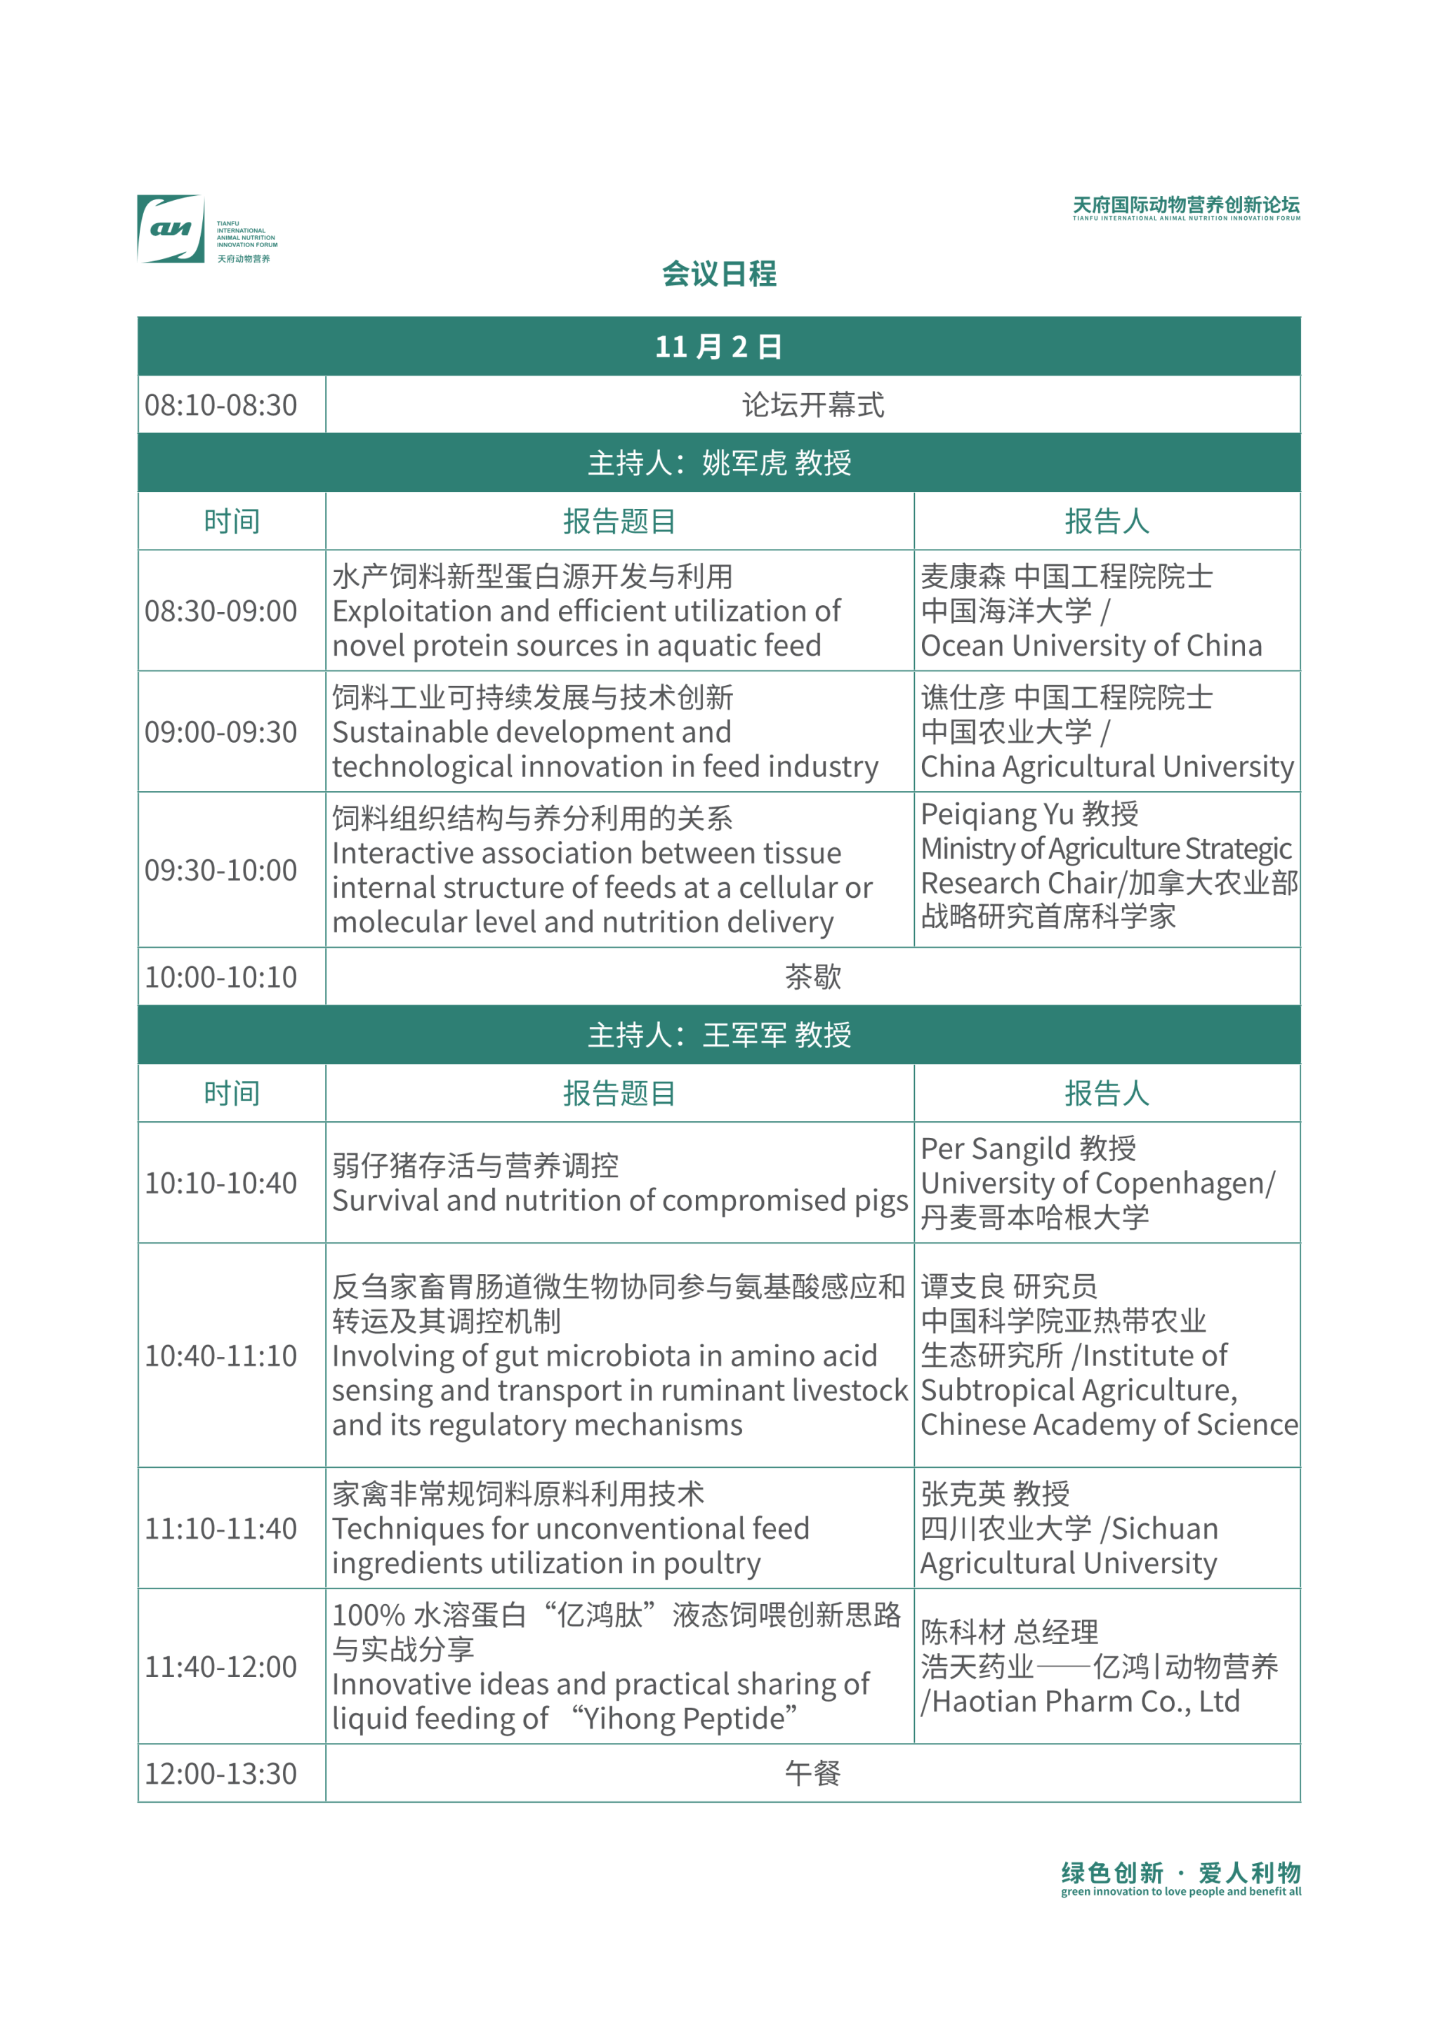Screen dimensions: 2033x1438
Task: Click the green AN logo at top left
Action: coord(171,228)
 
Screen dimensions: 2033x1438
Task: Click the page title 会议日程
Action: coord(718,274)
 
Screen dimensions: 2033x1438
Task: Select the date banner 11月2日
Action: coord(718,346)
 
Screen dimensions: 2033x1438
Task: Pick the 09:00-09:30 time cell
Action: coord(221,732)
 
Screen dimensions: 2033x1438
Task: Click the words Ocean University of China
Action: coord(1091,647)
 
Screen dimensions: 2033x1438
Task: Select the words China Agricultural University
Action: coord(1107,767)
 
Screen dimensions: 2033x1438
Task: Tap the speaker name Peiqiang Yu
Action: coord(997,814)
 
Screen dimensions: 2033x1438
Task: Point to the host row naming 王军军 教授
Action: coord(718,1035)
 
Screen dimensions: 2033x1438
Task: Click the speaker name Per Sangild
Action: coord(995,1149)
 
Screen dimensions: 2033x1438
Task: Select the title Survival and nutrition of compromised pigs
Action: coord(620,1200)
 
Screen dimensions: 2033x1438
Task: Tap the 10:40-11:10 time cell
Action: coord(221,1356)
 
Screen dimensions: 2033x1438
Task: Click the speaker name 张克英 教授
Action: coord(994,1495)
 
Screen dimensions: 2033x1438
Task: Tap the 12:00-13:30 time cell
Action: coord(221,1773)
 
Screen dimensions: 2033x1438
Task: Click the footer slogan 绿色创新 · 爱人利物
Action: coord(1180,1873)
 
